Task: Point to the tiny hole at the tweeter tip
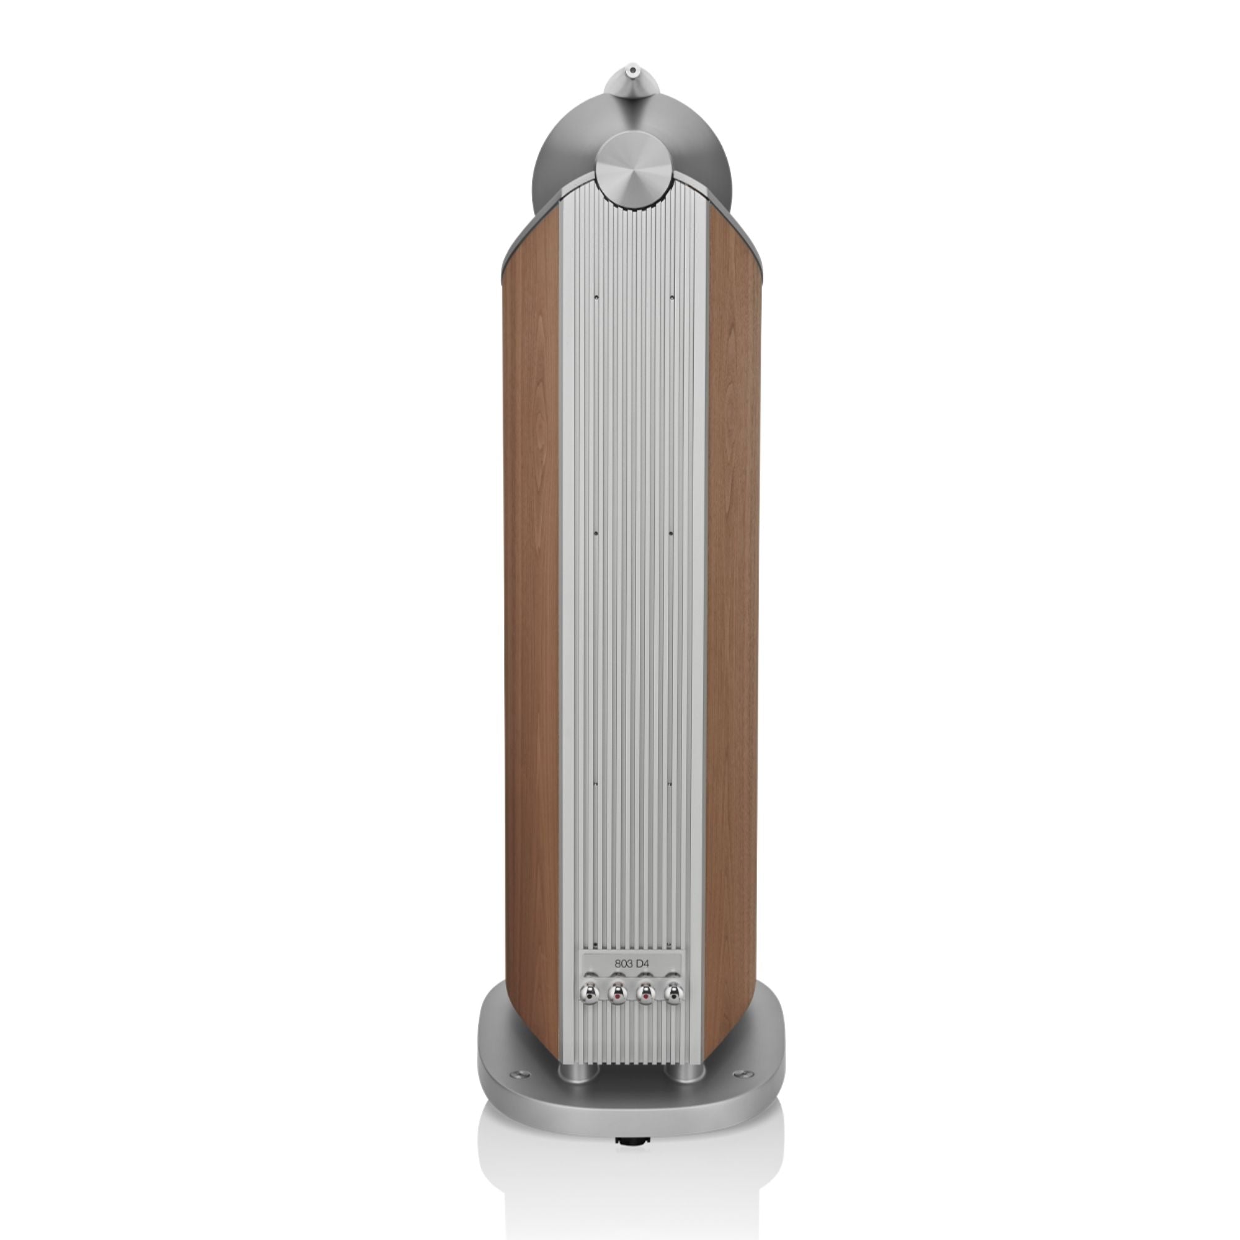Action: tap(633, 71)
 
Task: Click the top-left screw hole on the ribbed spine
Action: tap(596, 298)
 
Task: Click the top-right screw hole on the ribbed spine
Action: tap(671, 298)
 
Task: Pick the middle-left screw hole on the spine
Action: tap(596, 533)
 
